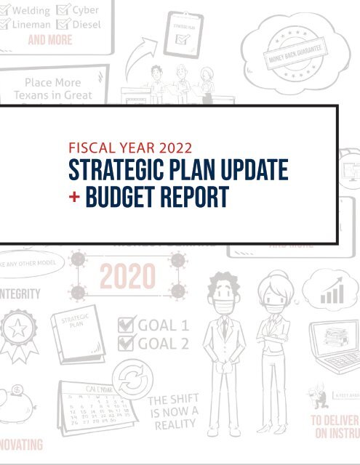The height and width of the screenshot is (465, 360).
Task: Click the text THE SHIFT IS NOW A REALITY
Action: tap(172, 413)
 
